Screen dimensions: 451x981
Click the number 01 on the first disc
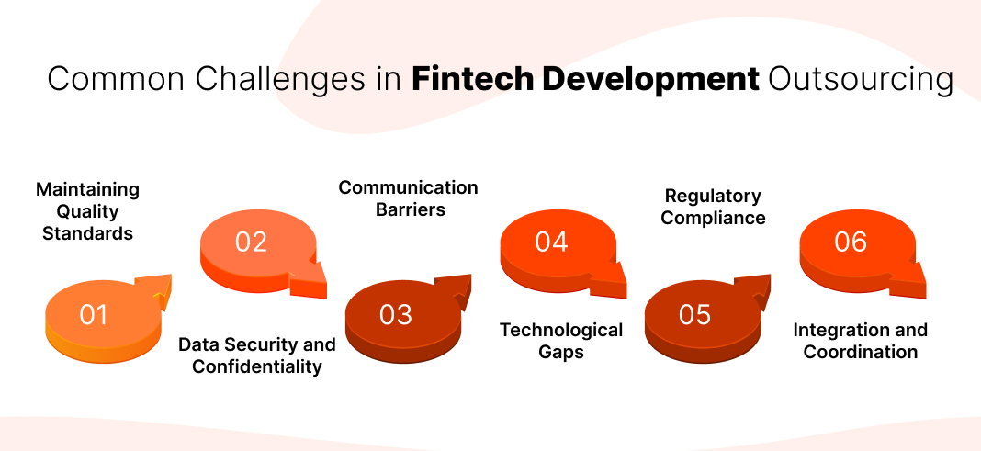[x=94, y=315]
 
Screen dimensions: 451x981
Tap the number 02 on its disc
[x=251, y=242]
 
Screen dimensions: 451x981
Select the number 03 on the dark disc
[x=396, y=315]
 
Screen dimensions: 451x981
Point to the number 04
[x=551, y=242]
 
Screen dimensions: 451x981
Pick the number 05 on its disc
[x=695, y=315]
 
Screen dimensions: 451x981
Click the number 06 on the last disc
[x=851, y=242]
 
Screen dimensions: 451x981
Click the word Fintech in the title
[x=473, y=80]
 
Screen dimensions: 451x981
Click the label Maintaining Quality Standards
[x=87, y=211]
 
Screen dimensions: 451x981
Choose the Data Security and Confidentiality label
[x=257, y=355]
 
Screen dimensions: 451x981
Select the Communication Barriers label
[x=408, y=198]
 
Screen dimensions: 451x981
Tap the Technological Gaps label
[x=561, y=340]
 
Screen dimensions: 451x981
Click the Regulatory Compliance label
[x=713, y=207]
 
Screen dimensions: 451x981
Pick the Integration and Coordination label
[x=861, y=341]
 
